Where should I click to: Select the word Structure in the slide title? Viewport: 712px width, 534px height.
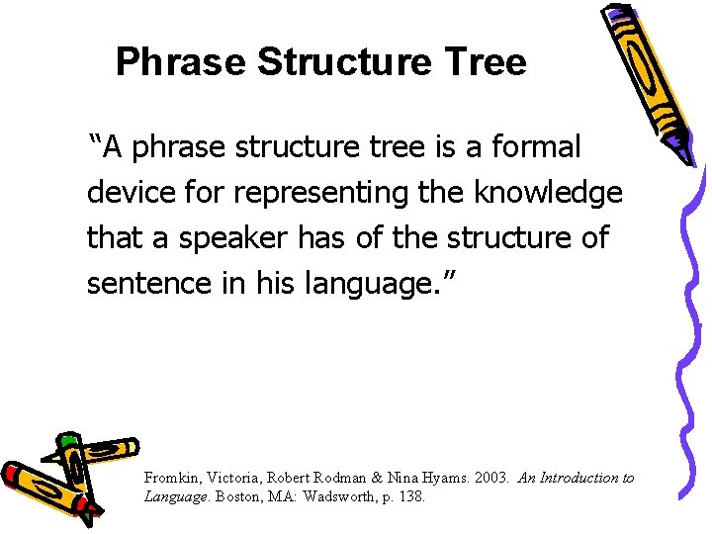(x=344, y=62)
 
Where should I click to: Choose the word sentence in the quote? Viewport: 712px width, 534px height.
(x=139, y=283)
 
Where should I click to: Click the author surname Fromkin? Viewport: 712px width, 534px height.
(x=171, y=478)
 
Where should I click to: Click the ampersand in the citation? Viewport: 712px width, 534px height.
(x=380, y=478)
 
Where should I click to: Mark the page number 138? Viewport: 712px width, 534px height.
(x=409, y=496)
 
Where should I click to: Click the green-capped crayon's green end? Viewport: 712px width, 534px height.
(x=67, y=440)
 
